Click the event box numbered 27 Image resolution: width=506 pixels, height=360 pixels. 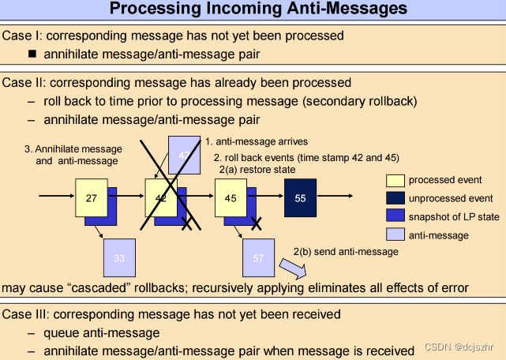91,197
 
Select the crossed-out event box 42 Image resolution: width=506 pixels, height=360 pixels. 160,197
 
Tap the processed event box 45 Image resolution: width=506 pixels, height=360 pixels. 231,197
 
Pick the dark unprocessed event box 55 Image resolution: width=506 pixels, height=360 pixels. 300,197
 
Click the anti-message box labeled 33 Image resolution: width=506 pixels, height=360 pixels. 119,257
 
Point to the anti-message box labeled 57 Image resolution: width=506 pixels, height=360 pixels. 259,257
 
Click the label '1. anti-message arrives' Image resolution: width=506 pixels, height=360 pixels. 256,142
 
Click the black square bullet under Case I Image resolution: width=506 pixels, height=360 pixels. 32,54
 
